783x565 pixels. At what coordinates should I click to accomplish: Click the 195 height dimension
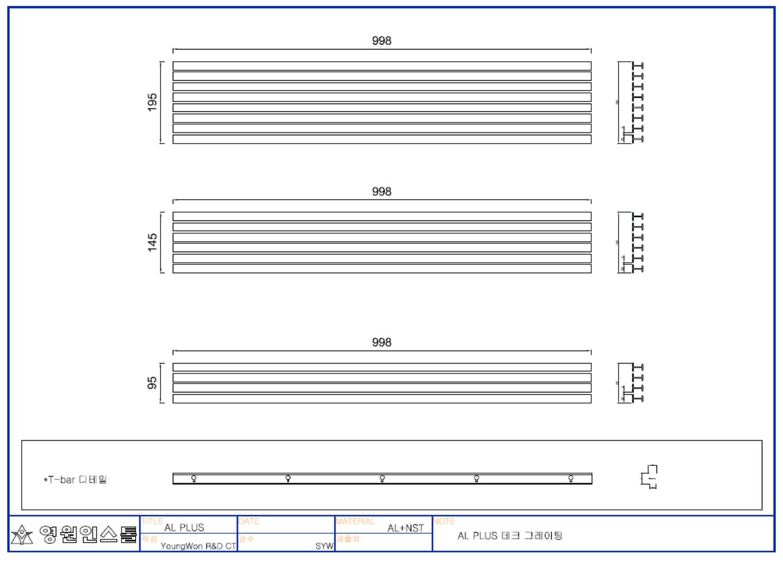[x=152, y=102]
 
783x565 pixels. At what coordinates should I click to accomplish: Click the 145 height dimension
[x=152, y=243]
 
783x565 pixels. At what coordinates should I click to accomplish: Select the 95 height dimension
[x=152, y=383]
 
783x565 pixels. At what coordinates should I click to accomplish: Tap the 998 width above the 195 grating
[x=382, y=41]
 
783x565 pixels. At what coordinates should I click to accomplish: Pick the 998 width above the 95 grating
[x=382, y=342]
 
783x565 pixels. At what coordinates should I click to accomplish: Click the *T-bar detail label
[x=75, y=479]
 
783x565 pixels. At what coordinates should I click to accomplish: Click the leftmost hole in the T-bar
[x=194, y=478]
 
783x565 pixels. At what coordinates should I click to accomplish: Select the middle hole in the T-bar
[x=382, y=478]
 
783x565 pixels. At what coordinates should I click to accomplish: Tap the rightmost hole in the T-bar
[x=571, y=478]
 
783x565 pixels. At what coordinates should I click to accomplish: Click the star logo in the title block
[x=22, y=535]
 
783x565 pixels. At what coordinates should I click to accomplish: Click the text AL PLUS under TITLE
[x=184, y=527]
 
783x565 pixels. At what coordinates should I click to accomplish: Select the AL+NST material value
[x=406, y=528]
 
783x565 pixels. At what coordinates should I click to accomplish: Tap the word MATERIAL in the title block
[x=356, y=521]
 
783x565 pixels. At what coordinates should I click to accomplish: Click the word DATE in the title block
[x=249, y=521]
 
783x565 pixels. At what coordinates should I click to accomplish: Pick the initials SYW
[x=324, y=546]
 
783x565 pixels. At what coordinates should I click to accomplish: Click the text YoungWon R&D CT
[x=198, y=546]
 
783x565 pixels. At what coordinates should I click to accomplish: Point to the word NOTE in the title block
[x=444, y=521]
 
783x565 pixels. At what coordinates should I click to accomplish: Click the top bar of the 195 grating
[x=382, y=66]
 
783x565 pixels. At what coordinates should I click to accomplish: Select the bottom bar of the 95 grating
[x=382, y=399]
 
